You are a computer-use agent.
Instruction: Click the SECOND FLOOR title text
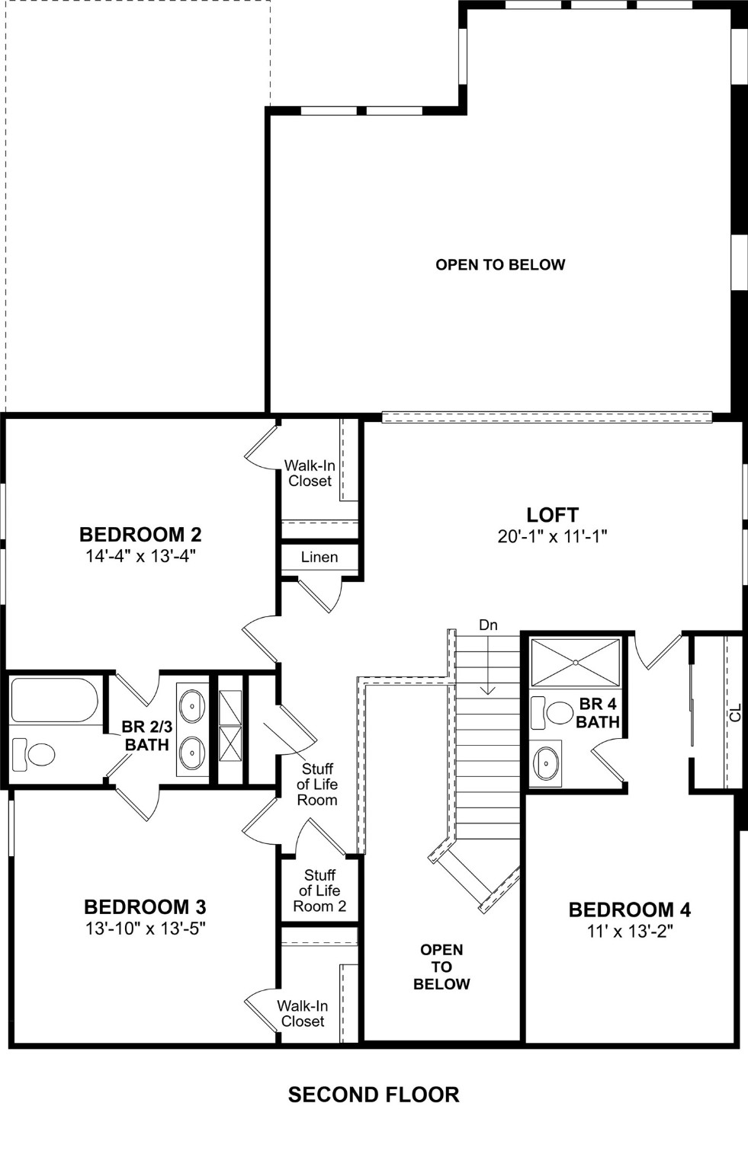374,1095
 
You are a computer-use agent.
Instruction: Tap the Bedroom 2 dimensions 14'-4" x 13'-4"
140,556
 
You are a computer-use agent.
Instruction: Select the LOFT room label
552,515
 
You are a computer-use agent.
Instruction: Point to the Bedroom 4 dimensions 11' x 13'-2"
629,931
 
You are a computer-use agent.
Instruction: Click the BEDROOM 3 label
145,907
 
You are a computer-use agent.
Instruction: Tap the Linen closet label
319,557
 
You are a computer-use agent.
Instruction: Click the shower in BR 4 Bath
576,663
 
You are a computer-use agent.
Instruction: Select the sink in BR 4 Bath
546,762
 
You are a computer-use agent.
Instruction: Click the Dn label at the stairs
488,625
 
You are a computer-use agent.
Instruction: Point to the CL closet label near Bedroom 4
734,714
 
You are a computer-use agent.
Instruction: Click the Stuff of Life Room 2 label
319,890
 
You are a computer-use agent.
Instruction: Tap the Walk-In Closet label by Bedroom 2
310,473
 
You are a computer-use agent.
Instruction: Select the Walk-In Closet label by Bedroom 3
303,1013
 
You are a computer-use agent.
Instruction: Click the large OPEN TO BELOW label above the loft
500,264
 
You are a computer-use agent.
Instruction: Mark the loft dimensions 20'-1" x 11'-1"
552,536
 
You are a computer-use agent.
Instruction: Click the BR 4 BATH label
598,713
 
